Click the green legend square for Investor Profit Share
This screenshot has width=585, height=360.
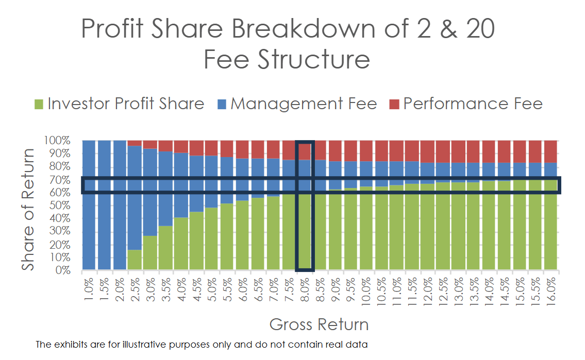pos(39,105)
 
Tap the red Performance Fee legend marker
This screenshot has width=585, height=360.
pos(394,105)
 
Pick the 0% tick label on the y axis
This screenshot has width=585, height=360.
pos(63,270)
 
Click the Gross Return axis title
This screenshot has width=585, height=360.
pos(319,325)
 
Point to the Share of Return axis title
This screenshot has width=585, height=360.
pos(29,209)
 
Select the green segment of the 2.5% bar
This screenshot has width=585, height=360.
pos(135,260)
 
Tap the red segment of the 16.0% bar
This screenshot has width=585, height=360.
pos(551,151)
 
